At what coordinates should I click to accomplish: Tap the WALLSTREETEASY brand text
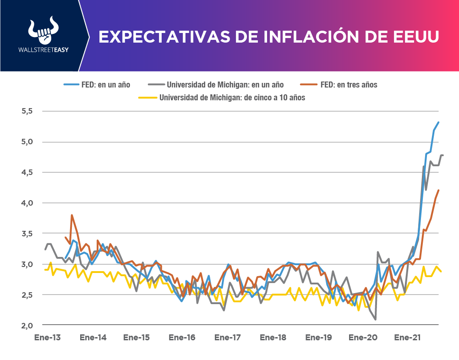pos(42,49)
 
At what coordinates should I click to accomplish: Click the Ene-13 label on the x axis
pos(48,338)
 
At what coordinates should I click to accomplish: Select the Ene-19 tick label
pos(318,338)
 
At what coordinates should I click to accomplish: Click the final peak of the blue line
pos(438,122)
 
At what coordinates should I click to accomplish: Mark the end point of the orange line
pos(439,190)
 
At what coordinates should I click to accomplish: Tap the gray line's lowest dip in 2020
pos(376,319)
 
